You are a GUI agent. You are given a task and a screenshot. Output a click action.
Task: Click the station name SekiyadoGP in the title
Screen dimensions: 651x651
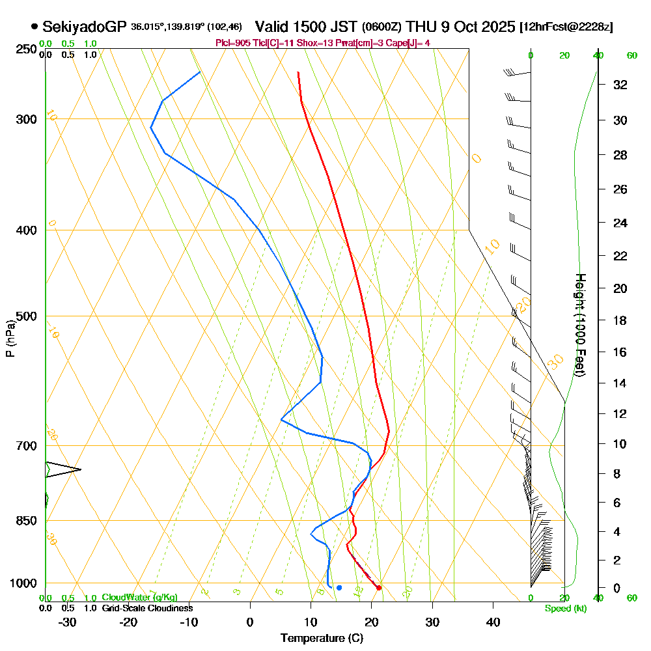click(85, 27)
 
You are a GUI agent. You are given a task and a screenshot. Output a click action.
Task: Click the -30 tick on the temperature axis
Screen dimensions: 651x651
click(67, 622)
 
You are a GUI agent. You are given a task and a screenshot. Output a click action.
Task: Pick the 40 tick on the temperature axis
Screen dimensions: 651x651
click(493, 622)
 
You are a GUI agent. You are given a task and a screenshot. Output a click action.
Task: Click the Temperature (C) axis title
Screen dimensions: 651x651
click(322, 639)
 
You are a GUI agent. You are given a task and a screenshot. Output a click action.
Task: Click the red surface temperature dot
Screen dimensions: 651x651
click(379, 588)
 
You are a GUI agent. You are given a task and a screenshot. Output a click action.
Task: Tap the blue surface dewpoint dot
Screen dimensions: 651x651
click(339, 588)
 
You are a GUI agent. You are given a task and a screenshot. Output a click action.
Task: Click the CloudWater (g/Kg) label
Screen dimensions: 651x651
click(139, 598)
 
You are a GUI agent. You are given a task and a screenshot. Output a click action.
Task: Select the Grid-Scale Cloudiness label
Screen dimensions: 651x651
click(147, 608)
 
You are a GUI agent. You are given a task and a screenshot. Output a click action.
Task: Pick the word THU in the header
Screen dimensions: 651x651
click(420, 27)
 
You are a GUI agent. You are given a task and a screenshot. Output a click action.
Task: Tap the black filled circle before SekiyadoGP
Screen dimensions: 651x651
click(34, 27)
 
